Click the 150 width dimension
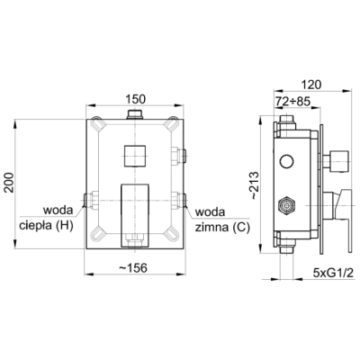pos(135,99)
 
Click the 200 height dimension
pos(9,183)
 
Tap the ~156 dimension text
pos(133,267)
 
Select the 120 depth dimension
pos(311,85)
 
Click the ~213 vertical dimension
pos(254,185)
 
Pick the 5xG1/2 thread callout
pos(333,273)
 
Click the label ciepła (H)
pos(46,226)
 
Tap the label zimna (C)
pos(222,228)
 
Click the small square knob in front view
pos(135,156)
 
